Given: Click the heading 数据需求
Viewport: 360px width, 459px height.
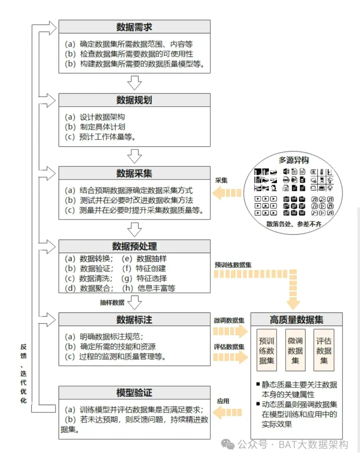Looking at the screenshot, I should point(134,27).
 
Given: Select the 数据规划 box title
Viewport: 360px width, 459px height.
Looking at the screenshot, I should point(134,100).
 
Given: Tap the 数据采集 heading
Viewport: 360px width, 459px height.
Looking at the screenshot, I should point(134,173).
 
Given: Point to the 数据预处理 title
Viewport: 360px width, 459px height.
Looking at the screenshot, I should point(134,246).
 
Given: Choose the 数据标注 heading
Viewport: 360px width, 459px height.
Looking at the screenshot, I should point(134,320).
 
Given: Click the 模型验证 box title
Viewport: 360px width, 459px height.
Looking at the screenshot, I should point(134,393).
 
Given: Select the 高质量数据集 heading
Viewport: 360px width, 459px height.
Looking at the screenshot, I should point(296,320).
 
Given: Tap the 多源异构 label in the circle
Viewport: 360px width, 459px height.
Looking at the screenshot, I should point(293,160).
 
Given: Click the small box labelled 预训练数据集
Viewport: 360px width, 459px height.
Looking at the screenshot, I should point(267,350).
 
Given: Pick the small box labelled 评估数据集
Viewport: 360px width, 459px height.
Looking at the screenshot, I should point(324,350).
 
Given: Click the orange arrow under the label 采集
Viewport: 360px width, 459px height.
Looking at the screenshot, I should point(227,193).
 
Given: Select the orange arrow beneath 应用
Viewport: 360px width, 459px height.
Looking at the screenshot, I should point(227,413).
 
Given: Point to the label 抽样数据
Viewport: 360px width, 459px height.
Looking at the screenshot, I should point(112,303).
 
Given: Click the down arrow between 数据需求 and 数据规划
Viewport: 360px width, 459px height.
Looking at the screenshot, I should point(134,83).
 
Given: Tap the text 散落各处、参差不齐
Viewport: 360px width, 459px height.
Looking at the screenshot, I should point(294,224).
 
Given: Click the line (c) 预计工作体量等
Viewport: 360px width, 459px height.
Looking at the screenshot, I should point(100,137).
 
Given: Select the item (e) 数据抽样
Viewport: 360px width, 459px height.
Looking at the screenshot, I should point(144,259).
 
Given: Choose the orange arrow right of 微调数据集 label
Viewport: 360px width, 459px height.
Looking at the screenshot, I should point(230,331).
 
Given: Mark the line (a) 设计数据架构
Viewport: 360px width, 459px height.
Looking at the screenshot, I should point(95,117).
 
